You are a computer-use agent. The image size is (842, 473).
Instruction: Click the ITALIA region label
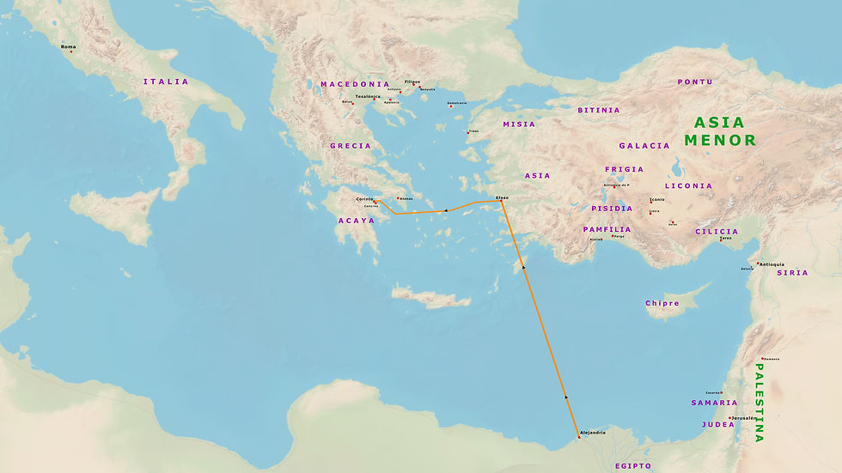[x=166, y=82]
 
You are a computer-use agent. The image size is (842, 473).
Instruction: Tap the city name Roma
[x=69, y=46]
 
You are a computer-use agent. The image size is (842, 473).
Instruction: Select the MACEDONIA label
[x=355, y=84]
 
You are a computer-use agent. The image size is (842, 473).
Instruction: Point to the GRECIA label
[x=351, y=146]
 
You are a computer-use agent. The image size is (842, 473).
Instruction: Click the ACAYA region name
[x=356, y=221]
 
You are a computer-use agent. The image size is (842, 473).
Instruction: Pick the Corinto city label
[x=365, y=199]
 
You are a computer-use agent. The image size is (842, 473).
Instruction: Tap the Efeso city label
[x=503, y=197]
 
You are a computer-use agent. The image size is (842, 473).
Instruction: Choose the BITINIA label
[x=599, y=111]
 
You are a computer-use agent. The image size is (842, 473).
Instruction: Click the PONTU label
[x=695, y=82]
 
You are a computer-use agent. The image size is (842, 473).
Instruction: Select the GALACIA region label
[x=644, y=146]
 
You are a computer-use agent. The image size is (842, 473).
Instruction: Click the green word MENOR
[x=720, y=140]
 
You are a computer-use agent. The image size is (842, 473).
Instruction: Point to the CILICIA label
[x=717, y=231]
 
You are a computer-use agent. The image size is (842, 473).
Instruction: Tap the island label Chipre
[x=662, y=303]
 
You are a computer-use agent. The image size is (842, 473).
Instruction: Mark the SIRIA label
[x=792, y=273]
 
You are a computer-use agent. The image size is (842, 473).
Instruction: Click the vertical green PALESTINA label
[x=759, y=403]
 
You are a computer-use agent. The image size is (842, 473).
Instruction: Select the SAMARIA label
[x=714, y=403]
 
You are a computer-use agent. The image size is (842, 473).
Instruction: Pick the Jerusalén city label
[x=744, y=417]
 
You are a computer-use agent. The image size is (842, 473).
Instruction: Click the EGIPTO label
[x=633, y=466]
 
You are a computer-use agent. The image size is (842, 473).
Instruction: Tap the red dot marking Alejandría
[x=579, y=438]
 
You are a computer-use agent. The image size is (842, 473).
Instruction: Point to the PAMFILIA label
[x=607, y=229]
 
